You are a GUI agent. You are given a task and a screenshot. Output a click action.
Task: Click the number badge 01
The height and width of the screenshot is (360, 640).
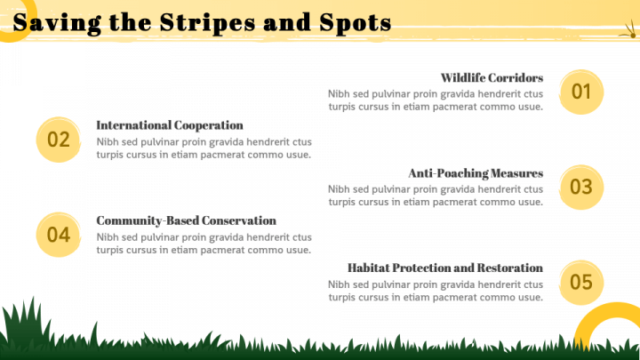[x=581, y=92]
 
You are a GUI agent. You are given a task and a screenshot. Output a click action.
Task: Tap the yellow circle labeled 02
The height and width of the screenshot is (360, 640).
[x=59, y=140]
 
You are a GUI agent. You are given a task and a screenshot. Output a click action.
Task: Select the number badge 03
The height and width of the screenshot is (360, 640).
[x=581, y=187]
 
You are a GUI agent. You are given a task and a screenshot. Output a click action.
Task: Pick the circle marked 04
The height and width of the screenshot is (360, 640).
[x=59, y=235]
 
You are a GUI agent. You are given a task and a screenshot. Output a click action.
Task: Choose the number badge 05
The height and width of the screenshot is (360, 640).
[x=581, y=282]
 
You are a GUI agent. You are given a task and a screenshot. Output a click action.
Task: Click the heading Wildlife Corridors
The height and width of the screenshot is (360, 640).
[x=492, y=77]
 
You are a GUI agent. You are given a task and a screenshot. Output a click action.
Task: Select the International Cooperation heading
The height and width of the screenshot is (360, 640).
[x=170, y=125]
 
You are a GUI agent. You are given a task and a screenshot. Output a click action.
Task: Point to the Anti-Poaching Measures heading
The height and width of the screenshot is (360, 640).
[x=476, y=172]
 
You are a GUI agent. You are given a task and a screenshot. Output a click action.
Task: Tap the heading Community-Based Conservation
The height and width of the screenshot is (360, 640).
[x=186, y=220]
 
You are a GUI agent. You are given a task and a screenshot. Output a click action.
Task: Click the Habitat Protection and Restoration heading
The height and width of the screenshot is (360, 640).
[x=444, y=268]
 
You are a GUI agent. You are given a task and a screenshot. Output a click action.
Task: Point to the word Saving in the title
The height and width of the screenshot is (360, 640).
[x=52, y=24]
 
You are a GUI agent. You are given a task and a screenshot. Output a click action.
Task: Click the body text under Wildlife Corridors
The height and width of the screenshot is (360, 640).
[x=435, y=100]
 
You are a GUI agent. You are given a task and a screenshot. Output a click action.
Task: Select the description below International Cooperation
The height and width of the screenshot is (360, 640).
[x=204, y=148]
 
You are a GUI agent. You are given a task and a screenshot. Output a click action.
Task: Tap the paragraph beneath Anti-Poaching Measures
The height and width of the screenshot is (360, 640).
[x=435, y=195]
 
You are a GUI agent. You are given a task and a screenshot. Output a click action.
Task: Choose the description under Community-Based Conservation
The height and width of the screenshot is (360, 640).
[x=204, y=243]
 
